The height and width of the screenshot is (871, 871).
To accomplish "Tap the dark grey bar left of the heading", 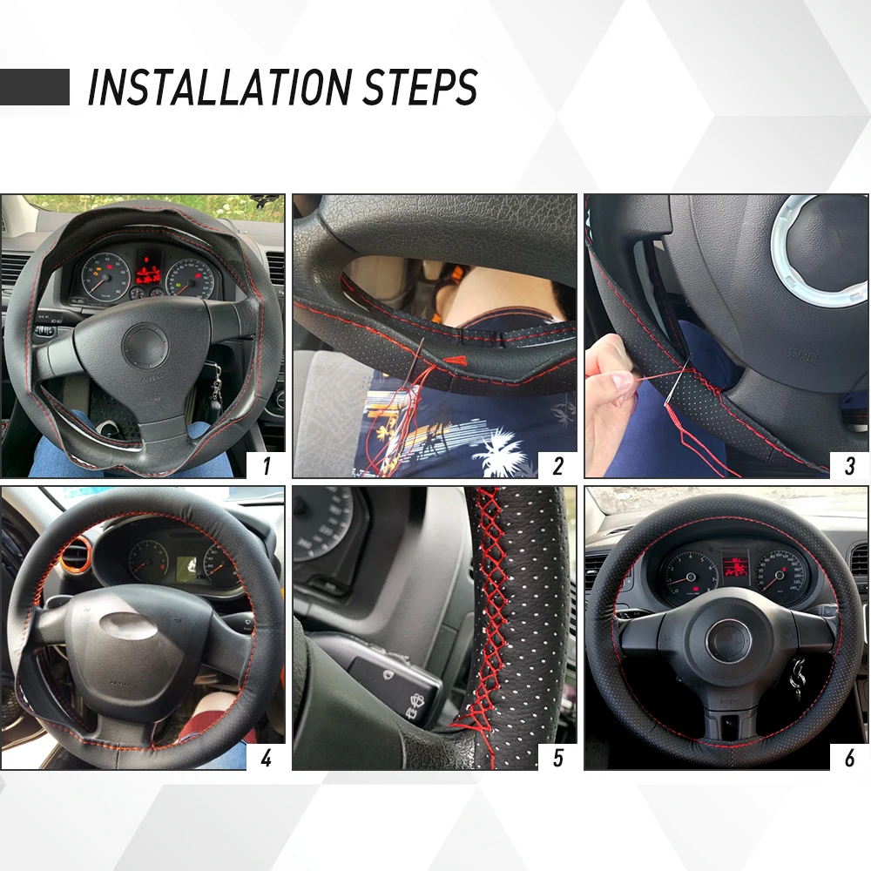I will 35,87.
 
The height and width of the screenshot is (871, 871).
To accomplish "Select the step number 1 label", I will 267,466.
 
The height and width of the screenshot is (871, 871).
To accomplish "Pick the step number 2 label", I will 558,466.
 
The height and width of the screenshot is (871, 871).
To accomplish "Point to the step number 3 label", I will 850,466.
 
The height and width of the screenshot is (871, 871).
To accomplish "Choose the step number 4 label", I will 267,758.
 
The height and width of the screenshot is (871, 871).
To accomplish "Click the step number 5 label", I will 558,758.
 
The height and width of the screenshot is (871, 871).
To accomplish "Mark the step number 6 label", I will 850,758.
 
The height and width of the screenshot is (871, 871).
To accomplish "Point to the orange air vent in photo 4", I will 73,556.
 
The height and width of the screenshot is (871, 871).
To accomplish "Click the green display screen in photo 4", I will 187,569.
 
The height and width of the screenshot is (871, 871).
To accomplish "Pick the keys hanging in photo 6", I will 796,679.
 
